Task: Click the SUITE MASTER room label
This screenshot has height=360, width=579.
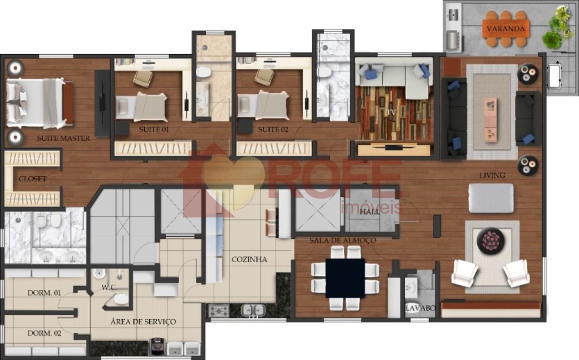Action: coord(64,138)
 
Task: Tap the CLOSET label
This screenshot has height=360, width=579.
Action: coord(33,179)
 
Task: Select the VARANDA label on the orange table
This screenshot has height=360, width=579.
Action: coord(506,28)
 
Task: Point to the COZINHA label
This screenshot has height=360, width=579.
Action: coord(249,260)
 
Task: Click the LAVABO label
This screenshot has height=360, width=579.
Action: coord(420,308)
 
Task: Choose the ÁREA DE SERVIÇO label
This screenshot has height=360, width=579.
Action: coord(143,322)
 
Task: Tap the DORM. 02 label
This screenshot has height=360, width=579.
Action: coord(44,333)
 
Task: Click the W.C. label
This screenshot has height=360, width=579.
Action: coord(109,287)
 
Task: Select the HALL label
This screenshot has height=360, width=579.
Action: coord(370,212)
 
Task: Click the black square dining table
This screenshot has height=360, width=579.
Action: coord(345,278)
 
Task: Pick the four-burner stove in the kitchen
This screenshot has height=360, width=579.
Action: coord(218,311)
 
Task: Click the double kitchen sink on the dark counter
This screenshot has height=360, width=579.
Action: coord(253,310)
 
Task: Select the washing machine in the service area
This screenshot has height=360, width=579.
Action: coord(158,346)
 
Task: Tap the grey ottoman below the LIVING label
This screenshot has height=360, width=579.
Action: coord(491,198)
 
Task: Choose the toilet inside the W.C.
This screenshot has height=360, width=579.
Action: coord(121,299)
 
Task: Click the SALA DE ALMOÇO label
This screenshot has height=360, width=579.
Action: coord(343,240)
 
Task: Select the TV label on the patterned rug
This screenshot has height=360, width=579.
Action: coord(392,112)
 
